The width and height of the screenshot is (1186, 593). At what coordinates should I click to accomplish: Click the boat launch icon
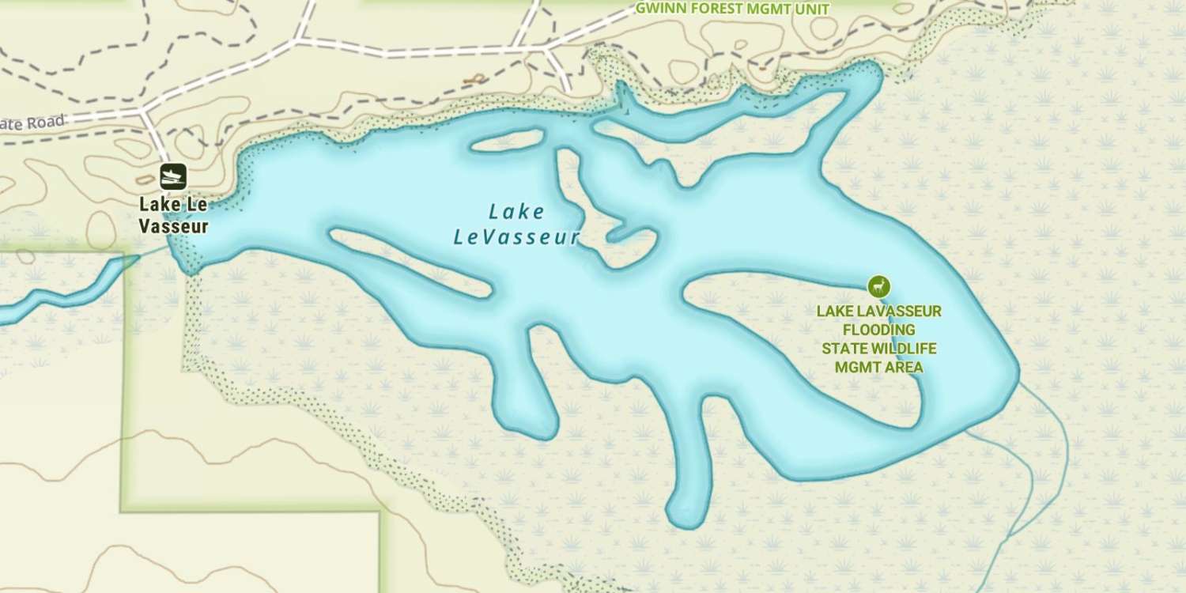click(172, 176)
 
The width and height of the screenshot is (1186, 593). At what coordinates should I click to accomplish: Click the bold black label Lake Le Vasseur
click(173, 215)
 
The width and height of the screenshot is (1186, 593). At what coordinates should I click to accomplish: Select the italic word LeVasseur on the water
click(516, 237)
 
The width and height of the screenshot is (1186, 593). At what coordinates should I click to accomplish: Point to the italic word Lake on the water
click(516, 212)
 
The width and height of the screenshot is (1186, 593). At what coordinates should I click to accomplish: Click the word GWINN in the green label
click(658, 9)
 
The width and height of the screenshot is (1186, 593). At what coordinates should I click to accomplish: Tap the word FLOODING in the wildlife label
click(878, 330)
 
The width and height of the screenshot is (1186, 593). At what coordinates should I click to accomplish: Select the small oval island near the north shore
click(507, 142)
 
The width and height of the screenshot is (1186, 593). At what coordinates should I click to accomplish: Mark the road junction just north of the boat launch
click(143, 111)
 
